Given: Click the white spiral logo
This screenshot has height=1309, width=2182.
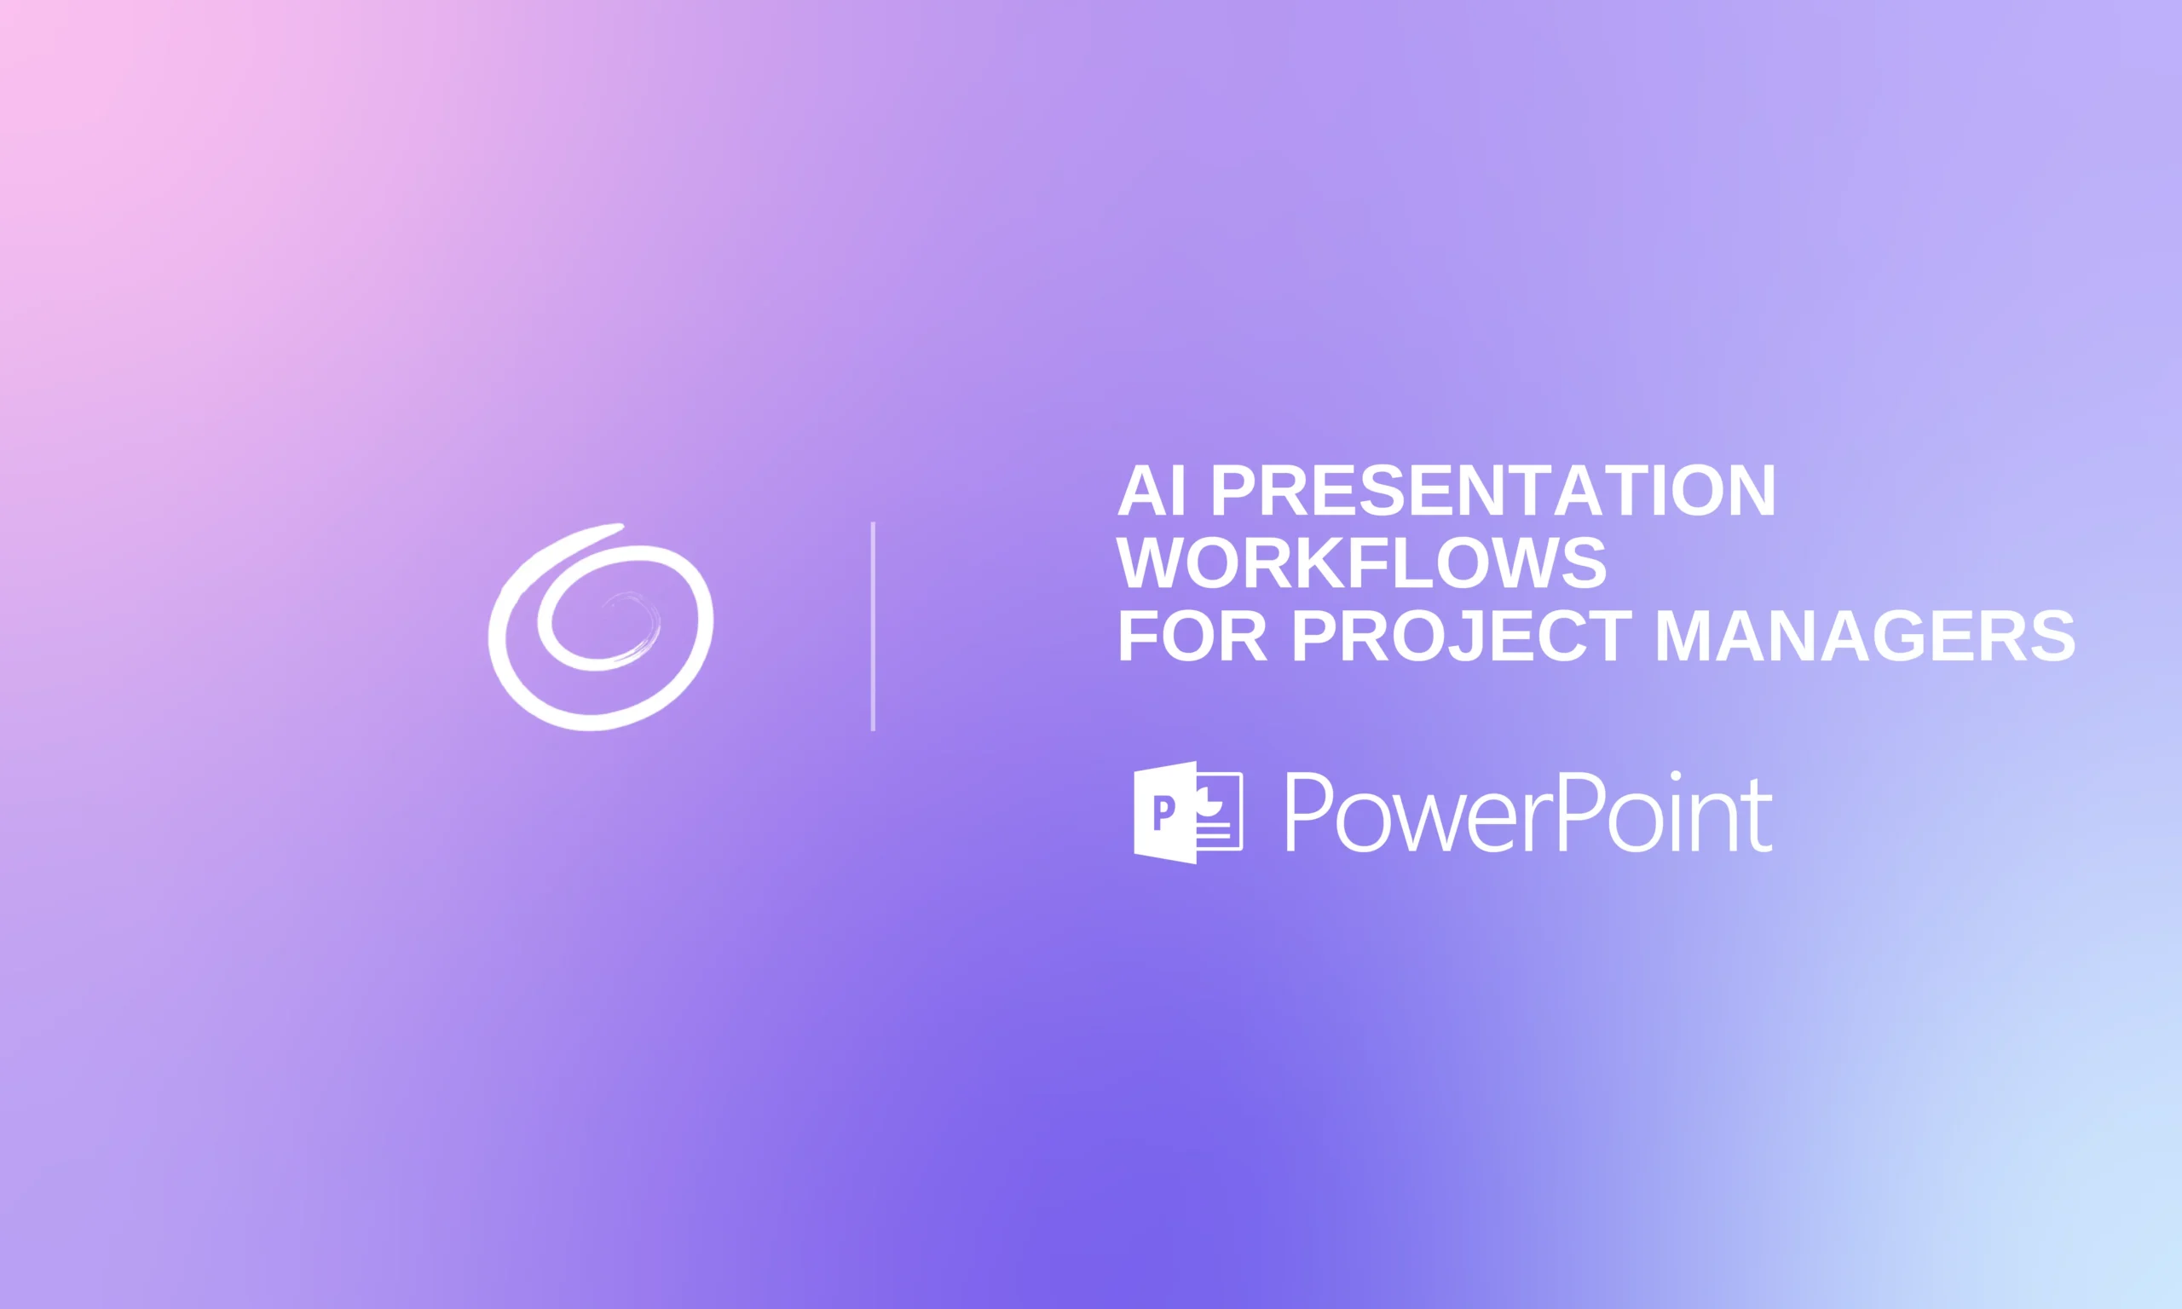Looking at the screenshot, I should [x=601, y=627].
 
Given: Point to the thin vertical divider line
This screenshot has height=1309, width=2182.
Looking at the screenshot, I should [x=872, y=626].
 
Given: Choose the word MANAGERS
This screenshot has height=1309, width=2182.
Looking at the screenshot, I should [x=1864, y=636].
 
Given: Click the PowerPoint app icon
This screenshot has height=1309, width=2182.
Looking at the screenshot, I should [x=1187, y=811].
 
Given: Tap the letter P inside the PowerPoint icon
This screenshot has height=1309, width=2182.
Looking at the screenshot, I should [x=1164, y=812].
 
